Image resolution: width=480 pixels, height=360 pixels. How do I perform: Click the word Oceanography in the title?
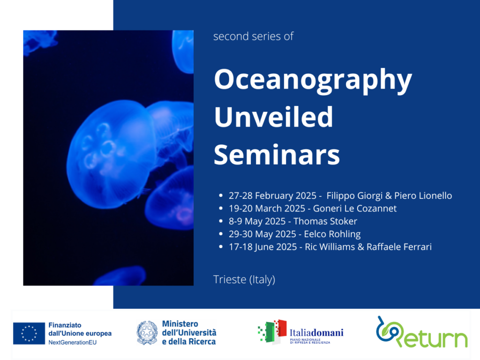point(313,80)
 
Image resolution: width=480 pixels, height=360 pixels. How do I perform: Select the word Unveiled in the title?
point(273,117)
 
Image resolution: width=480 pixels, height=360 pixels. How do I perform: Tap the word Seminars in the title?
point(277,155)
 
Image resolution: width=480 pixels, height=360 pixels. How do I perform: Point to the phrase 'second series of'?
point(253,36)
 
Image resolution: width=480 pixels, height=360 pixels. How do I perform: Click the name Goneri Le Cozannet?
point(354,209)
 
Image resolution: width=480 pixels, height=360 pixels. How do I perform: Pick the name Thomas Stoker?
point(325,221)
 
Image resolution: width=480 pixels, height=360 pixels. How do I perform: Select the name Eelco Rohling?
point(332,234)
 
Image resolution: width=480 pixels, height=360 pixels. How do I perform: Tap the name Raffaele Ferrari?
point(399,247)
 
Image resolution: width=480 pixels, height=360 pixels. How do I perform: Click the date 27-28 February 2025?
point(272,195)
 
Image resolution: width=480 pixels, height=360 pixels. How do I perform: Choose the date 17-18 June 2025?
point(262,247)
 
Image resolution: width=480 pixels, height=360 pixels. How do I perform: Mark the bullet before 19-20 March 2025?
point(221,208)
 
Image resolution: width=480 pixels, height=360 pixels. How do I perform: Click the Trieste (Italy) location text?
point(244,279)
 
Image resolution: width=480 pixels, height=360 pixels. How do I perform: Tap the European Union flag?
point(29,333)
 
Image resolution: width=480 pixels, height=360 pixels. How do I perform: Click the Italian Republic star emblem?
point(147,333)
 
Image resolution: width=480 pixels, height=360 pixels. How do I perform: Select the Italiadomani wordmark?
point(316,332)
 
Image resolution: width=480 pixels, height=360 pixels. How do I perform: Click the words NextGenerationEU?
point(72,343)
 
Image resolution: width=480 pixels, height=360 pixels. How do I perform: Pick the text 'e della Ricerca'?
point(189,341)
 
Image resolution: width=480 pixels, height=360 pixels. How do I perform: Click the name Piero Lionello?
point(423,195)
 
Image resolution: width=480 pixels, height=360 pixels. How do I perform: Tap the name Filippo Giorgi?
point(354,195)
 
